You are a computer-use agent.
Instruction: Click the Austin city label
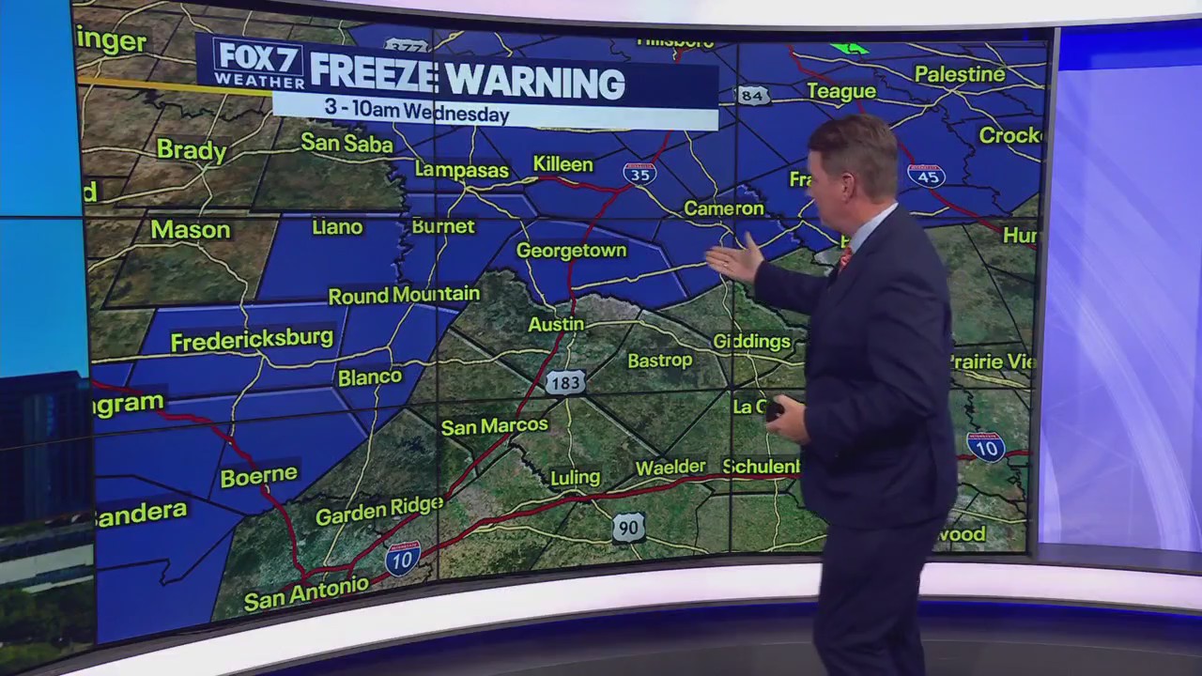pos(556,324)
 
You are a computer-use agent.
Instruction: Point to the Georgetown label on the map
pos(571,251)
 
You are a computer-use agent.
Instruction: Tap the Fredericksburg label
pos(252,339)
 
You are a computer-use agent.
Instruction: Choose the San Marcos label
pos(494,426)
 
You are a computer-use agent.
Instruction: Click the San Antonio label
pos(306,592)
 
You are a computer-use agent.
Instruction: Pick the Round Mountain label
pos(404,295)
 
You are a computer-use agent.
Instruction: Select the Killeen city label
pos(563,164)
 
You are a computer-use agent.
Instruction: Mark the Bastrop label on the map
pos(659,360)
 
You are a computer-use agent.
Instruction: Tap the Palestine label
pos(960,73)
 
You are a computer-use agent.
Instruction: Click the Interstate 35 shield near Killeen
pos(640,173)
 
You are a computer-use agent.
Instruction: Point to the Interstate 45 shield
pos(926,175)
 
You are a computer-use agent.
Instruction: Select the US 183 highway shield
pos(565,381)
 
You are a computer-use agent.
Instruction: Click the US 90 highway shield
pos(628,528)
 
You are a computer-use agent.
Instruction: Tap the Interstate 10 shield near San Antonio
pos(402,558)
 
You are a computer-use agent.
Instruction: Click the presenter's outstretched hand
pos(734,259)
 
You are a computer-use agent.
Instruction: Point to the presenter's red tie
pos(845,256)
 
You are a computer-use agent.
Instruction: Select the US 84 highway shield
pos(753,95)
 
